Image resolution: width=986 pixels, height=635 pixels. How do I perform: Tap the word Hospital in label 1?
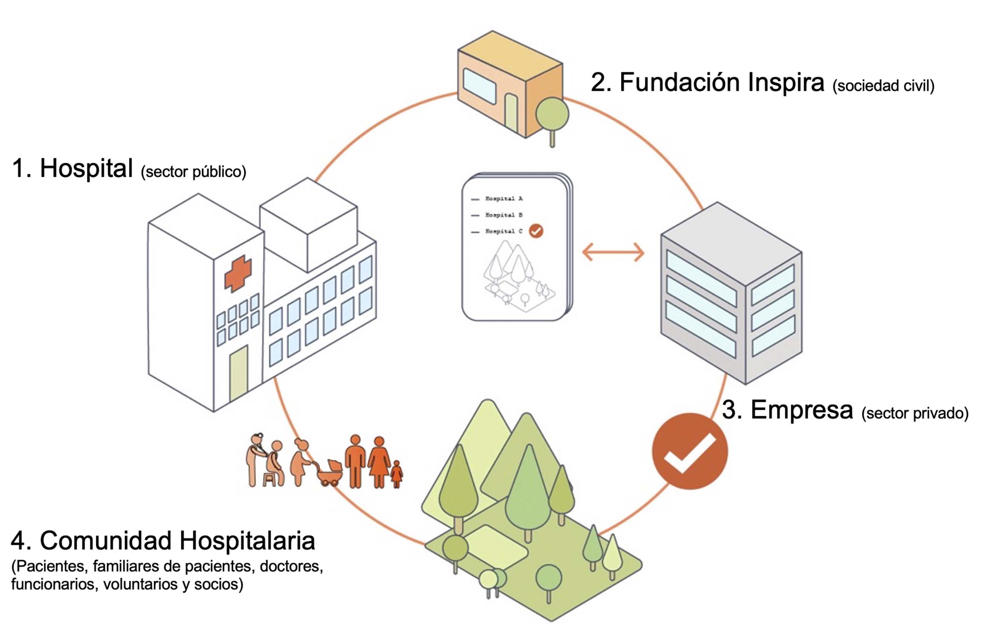(x=86, y=168)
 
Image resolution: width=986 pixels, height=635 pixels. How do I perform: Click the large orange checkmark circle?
(x=689, y=451)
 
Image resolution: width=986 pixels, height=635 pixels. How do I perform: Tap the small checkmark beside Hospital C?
(x=536, y=231)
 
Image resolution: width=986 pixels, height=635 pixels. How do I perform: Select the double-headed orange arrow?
(x=613, y=252)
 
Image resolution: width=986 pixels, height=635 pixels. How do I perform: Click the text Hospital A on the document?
(x=503, y=199)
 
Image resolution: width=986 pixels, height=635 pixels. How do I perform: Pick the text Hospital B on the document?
(x=503, y=215)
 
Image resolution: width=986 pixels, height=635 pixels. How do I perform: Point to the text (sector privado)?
(x=915, y=413)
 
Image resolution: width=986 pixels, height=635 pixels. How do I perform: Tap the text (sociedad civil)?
(x=883, y=86)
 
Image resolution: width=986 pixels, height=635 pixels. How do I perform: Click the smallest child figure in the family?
(x=396, y=474)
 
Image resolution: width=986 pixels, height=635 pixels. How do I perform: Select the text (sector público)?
(x=194, y=172)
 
